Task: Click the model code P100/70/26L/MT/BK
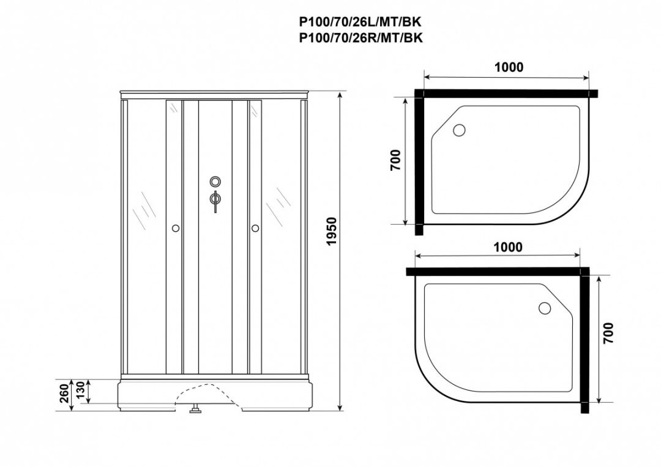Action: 360,22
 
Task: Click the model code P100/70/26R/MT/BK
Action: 360,37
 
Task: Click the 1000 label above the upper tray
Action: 509,67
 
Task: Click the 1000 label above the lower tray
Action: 509,247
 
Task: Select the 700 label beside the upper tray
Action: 395,160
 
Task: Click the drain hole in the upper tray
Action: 458,130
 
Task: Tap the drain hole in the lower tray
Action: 545,308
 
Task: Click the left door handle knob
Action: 176,228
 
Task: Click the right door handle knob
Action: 255,228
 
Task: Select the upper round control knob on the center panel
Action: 215,182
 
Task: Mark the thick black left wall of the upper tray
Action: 419,162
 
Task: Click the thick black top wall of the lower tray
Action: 496,271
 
